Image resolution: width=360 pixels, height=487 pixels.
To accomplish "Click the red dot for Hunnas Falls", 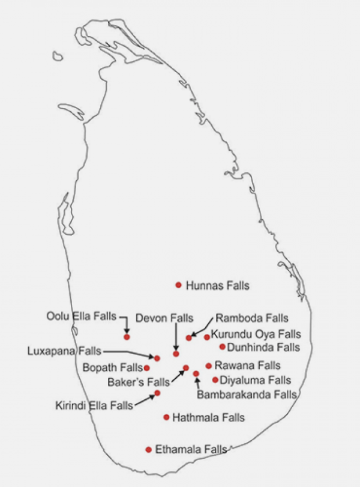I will coord(178,285).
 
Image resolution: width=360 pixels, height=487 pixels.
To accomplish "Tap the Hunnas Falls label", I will coord(217,285).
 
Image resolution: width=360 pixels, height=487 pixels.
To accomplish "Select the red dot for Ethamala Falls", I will coord(148,449).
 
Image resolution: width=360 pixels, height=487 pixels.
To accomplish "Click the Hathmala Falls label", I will coord(208,417).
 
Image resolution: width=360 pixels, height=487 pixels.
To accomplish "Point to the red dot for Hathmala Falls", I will coord(166,417).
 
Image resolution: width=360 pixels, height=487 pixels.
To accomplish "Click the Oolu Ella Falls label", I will coord(82,316).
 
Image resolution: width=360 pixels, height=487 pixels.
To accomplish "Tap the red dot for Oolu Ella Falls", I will coord(127,337).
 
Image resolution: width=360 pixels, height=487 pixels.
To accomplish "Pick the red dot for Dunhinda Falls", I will coord(222,346).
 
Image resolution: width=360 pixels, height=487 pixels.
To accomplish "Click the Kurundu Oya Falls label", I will coord(256,334).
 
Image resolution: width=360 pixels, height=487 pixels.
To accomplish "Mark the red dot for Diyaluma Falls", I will coord(215,380).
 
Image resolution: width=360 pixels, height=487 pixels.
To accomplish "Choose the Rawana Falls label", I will coord(247,365).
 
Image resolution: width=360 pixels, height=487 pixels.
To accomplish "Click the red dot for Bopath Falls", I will coord(147,368).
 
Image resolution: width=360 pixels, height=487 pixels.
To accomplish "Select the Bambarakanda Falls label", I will coord(246,395).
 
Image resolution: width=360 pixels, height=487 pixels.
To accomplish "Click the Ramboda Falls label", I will coord(252,318).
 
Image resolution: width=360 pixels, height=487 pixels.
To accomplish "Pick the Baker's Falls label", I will coord(139,381).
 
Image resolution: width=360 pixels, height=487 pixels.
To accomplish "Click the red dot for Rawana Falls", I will coord(208,365).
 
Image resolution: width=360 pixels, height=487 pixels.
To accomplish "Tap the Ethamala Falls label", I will coord(191,449).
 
